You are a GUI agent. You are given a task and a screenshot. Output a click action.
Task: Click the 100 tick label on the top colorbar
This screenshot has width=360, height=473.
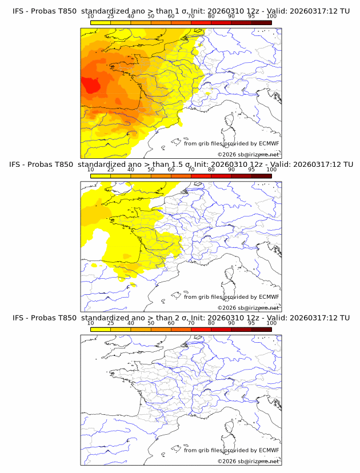click(271, 17)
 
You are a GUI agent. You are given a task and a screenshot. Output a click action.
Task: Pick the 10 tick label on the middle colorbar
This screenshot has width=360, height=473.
click(90, 170)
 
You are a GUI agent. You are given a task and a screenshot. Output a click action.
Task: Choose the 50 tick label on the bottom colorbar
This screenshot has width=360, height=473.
click(151, 323)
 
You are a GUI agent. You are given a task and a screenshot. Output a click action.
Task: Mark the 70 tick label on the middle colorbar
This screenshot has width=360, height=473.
click(191, 170)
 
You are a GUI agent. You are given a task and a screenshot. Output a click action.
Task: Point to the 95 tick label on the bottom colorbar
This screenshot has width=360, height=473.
click(251, 323)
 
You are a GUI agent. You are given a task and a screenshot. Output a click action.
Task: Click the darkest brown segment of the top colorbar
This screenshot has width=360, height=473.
click(261, 22)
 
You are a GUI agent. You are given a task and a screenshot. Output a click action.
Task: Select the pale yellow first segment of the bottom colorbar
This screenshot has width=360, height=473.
click(101, 329)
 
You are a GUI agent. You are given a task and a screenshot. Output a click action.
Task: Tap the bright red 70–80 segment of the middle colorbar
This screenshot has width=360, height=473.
click(201, 176)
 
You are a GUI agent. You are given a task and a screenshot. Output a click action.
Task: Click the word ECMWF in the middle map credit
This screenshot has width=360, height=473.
click(269, 296)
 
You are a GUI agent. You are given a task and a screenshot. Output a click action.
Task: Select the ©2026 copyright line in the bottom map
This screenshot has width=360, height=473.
click(248, 461)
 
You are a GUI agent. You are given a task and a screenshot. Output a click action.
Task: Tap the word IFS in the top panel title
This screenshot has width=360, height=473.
click(18, 11)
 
